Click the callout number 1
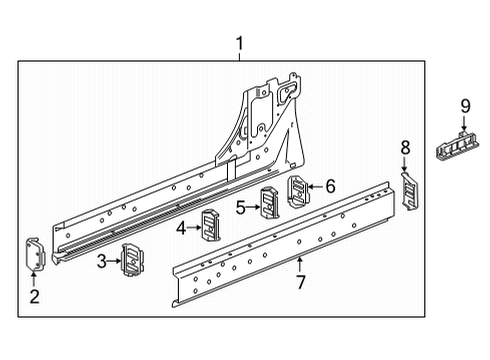240,43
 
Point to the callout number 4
180,228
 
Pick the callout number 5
240,208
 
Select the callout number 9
464,107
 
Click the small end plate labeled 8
408,190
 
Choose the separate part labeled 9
461,146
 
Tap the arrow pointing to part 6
317,186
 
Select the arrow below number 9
464,125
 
